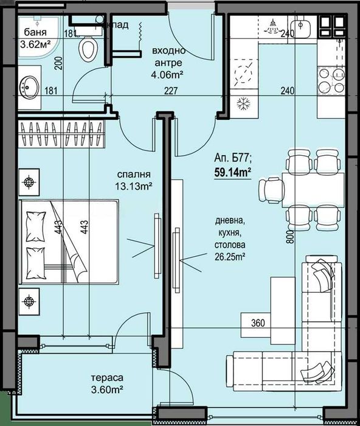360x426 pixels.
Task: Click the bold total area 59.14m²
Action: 233,172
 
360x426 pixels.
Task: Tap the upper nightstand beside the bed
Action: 29,181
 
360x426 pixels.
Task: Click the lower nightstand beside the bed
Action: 29,299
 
